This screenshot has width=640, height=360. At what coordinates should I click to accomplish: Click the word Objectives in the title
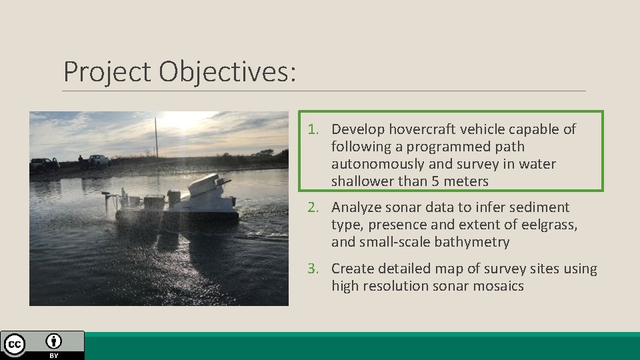coord(227,71)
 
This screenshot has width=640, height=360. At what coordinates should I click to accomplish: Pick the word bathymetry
coord(472,243)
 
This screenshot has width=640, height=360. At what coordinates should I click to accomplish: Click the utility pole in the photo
coord(156,138)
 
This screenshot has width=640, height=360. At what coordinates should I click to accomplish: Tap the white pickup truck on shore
coord(98,161)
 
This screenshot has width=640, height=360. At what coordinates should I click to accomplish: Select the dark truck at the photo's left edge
coord(44,163)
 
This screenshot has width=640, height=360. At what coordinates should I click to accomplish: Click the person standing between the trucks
coord(80,162)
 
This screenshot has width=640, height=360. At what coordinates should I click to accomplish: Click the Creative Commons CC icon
coord(15,345)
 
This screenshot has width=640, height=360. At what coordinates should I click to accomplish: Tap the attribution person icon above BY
coord(54,342)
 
